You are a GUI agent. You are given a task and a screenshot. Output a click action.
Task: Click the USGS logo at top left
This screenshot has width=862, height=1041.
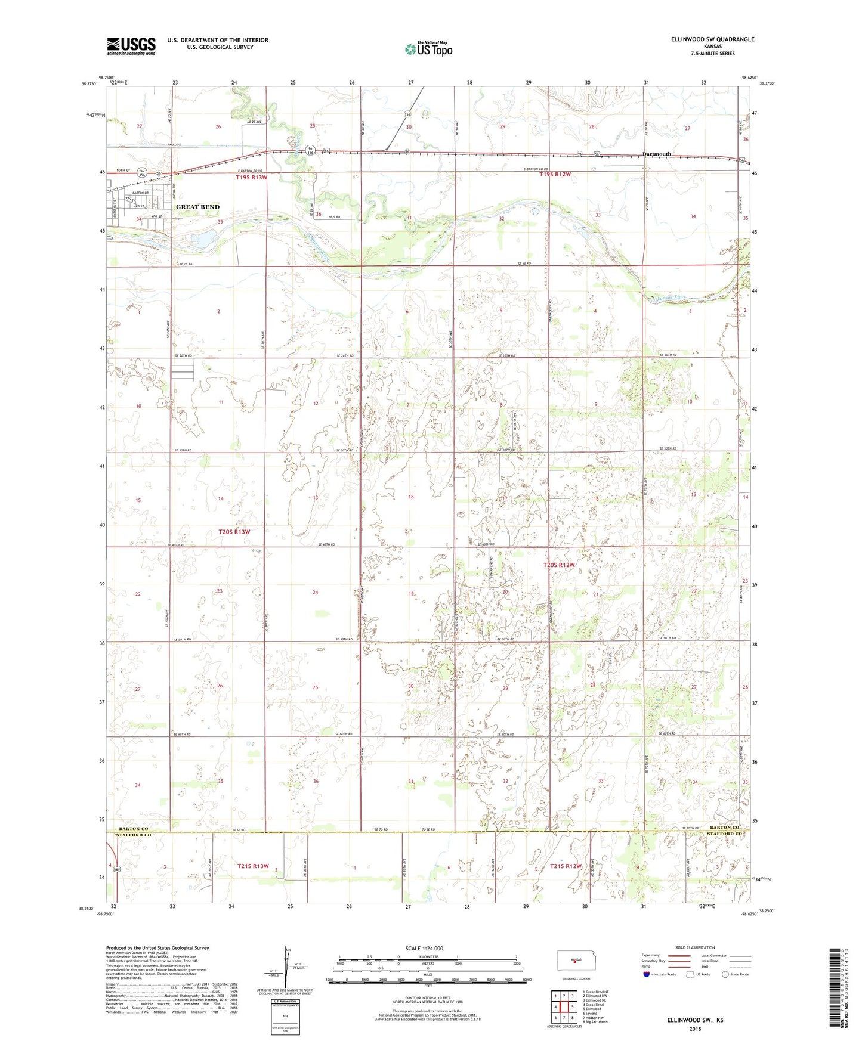(x=131, y=45)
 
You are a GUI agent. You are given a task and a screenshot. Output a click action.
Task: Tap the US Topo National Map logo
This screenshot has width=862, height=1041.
(x=427, y=48)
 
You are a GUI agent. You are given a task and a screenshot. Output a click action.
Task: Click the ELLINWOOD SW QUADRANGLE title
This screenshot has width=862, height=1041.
(x=703, y=39)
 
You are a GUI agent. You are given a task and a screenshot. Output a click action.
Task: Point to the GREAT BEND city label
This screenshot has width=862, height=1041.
(x=197, y=207)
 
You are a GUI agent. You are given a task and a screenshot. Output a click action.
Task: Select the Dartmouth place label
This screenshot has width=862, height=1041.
(x=657, y=154)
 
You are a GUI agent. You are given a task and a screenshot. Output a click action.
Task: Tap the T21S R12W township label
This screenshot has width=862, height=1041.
(x=566, y=866)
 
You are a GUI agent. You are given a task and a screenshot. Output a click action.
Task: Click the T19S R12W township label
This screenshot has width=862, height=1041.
(x=555, y=175)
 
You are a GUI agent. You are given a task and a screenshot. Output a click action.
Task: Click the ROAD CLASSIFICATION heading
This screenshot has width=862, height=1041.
(x=694, y=947)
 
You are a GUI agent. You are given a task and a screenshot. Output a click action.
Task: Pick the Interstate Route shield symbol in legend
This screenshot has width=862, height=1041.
(x=647, y=974)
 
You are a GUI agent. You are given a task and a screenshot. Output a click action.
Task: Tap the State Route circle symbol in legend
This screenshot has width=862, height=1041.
(x=725, y=974)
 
